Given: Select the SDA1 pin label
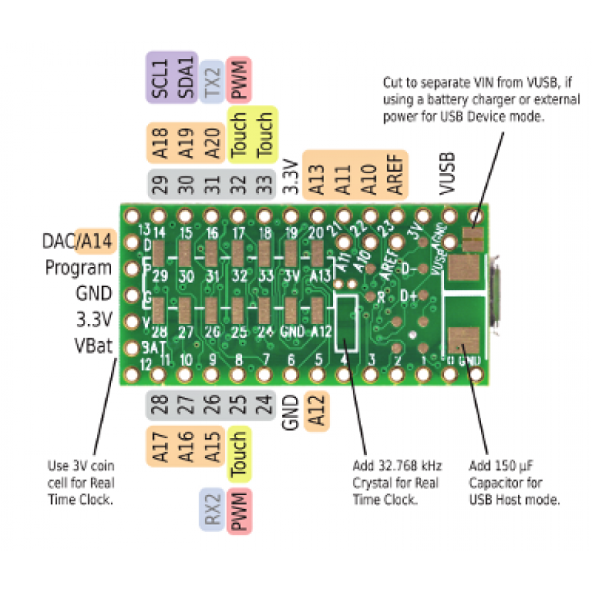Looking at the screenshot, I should (x=185, y=76).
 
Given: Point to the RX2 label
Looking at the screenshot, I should (x=212, y=510).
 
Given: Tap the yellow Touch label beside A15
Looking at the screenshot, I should (x=238, y=453).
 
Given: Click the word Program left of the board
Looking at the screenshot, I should (x=78, y=268).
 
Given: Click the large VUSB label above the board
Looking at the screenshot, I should (x=445, y=175).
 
